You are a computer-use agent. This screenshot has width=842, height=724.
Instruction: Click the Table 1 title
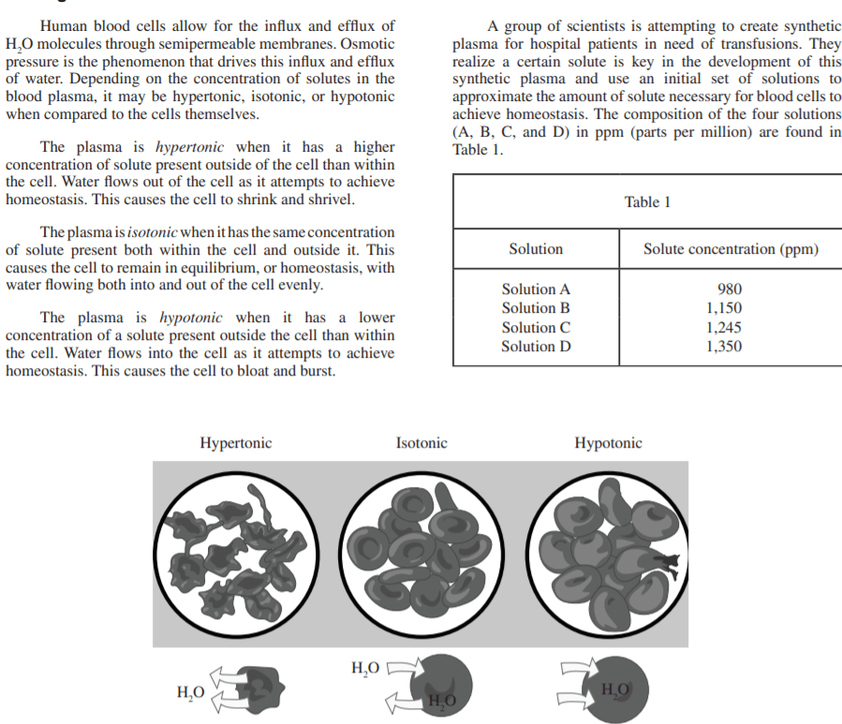tap(647, 202)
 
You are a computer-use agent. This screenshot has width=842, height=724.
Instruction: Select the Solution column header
tap(536, 249)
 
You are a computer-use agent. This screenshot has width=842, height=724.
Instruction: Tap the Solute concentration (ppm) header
tap(731, 249)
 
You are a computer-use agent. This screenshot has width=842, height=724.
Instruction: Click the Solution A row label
tap(536, 289)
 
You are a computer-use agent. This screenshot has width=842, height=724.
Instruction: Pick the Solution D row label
tap(536, 347)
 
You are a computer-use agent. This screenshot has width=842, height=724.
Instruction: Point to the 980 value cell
tap(730, 289)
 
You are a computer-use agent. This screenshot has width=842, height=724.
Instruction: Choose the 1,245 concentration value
tap(724, 328)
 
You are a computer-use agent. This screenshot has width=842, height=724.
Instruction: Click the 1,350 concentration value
tap(724, 347)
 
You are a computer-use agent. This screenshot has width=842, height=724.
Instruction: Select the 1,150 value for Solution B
tap(724, 308)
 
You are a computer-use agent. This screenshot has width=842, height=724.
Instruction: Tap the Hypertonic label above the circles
tap(236, 443)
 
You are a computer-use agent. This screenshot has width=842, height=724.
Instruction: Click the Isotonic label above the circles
tap(421, 443)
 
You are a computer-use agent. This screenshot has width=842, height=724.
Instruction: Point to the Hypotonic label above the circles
tap(608, 443)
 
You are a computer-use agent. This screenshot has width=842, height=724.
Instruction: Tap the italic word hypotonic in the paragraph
tap(191, 317)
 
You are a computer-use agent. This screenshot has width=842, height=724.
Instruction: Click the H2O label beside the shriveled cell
tap(190, 694)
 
